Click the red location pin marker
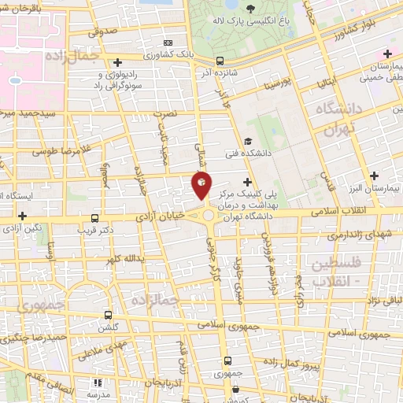coord(201,185)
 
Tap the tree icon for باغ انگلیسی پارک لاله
coord(251,9)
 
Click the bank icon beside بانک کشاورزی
coord(167,42)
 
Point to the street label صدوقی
coord(102,32)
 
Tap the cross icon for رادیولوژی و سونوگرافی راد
coord(118,62)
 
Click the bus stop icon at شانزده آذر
coord(220,61)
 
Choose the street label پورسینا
coord(279,80)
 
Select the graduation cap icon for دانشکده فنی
coord(248,141)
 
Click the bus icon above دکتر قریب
coord(94,218)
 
